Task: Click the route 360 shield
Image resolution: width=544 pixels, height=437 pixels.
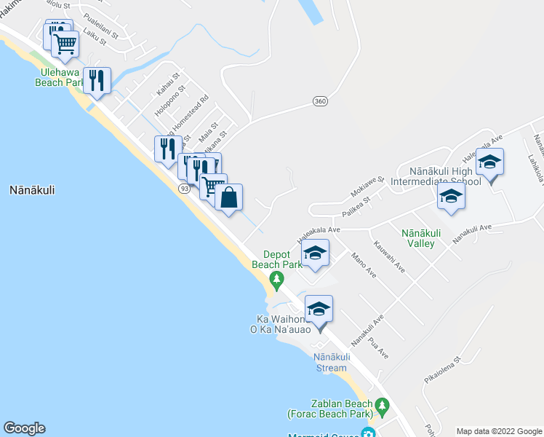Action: click(320, 101)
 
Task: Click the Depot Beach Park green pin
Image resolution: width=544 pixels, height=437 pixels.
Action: click(276, 279)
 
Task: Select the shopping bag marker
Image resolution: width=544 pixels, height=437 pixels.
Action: click(228, 197)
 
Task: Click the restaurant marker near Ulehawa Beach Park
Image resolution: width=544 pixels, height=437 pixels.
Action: click(97, 79)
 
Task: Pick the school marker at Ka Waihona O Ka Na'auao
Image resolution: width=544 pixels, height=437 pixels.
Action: click(319, 310)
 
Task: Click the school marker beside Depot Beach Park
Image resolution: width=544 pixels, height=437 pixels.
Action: click(315, 253)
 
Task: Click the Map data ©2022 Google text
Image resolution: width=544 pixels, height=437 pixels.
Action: click(498, 431)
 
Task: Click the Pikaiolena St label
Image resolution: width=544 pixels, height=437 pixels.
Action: click(444, 370)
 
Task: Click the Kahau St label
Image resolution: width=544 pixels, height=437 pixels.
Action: click(167, 87)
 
